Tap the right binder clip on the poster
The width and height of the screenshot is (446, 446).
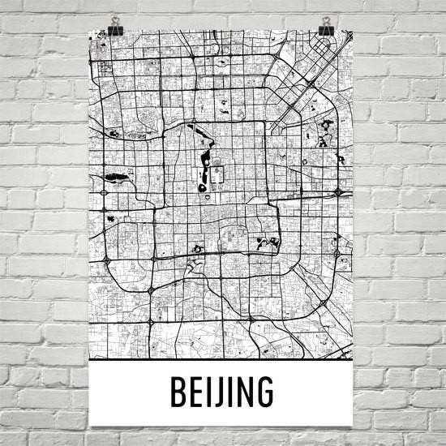(x=326, y=24)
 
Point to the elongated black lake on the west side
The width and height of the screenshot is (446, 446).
(x=114, y=174)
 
